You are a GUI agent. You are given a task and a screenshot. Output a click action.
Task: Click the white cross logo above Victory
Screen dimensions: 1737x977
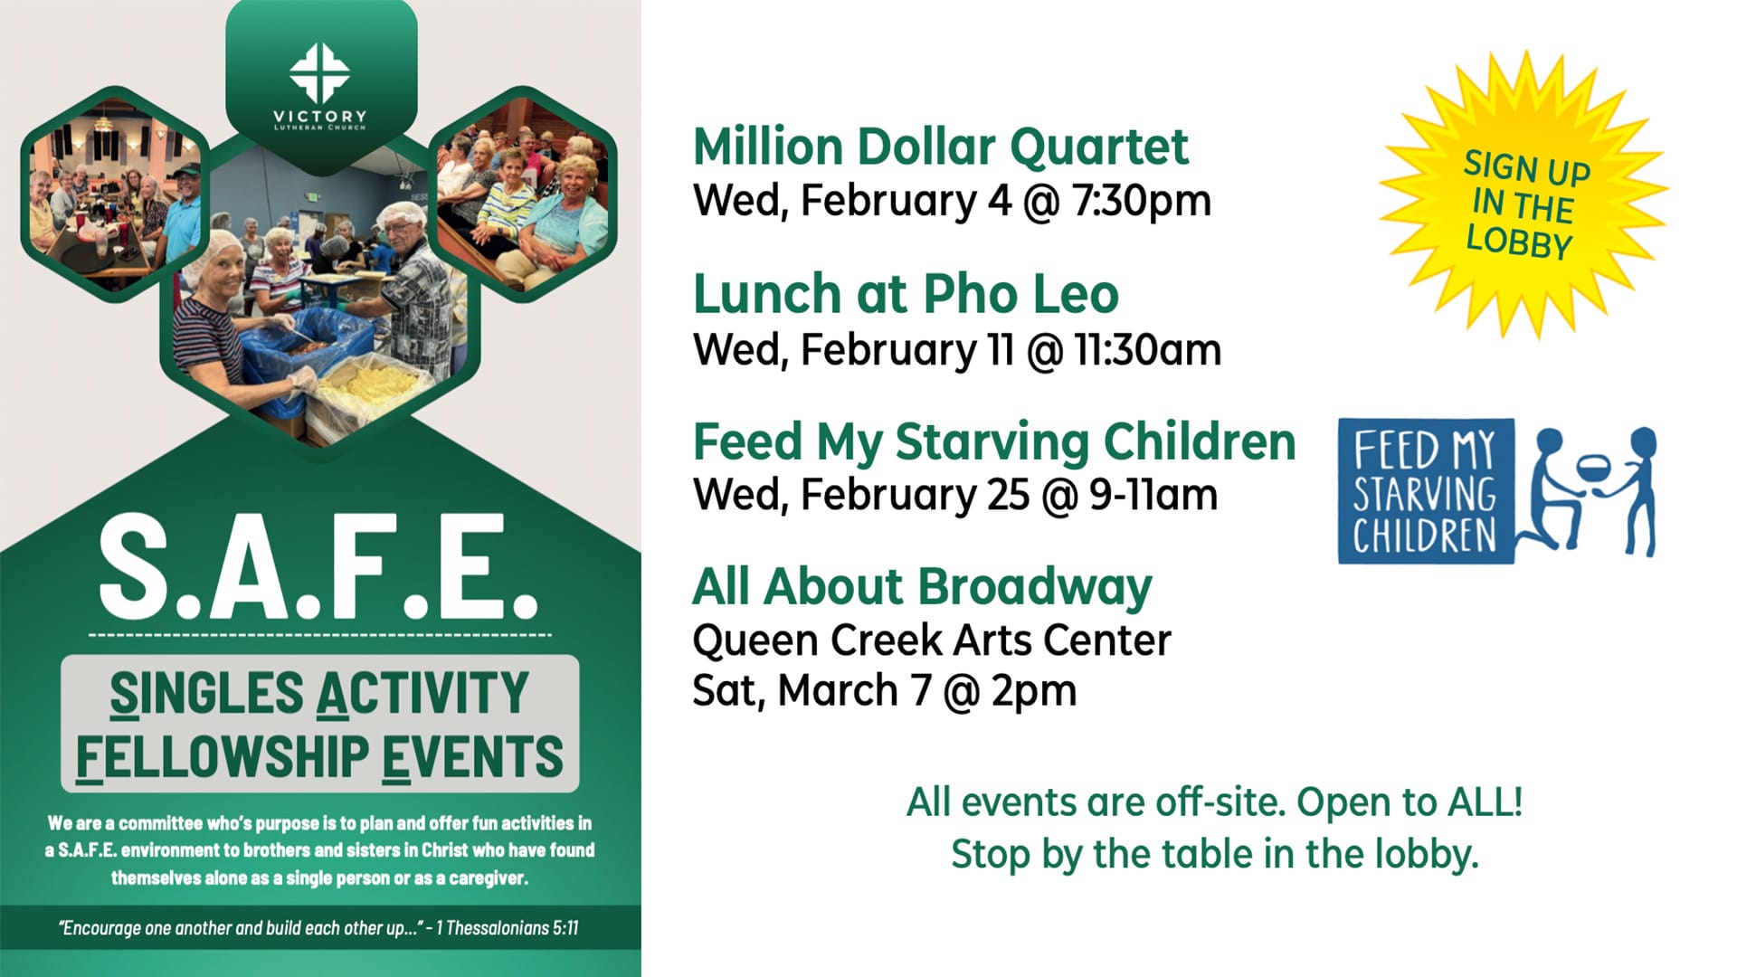pos(319,72)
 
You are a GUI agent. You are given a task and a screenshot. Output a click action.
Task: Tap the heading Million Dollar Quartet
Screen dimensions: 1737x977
pos(941,147)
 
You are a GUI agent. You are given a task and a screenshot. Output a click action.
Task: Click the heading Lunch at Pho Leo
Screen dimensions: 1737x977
pos(906,294)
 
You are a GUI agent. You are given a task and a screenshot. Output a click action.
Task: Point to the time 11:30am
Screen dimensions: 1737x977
pos(1148,350)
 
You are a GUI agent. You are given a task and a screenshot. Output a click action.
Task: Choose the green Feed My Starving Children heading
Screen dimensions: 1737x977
pos(994,441)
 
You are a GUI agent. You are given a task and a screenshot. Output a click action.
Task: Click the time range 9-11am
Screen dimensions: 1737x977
pos(1153,495)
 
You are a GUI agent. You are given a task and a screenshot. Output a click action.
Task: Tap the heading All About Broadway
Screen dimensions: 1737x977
pos(922,587)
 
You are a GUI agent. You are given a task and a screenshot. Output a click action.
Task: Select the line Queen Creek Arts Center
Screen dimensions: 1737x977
pos(932,640)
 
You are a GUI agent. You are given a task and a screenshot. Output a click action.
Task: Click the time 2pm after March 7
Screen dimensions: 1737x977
pos(1034,691)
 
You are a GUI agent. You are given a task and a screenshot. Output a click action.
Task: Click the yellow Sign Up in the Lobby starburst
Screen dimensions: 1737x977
pos(1523,196)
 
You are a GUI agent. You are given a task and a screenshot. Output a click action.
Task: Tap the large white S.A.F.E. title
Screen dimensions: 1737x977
pos(318,567)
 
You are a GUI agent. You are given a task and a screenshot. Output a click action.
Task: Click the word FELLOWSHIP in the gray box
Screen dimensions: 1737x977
pos(222,756)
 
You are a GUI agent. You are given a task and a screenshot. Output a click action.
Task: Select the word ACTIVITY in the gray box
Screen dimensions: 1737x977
pos(422,693)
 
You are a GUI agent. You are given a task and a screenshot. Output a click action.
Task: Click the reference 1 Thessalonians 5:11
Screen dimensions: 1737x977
pos(507,928)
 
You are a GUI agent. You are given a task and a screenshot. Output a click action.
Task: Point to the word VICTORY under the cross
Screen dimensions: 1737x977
pos(320,116)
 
